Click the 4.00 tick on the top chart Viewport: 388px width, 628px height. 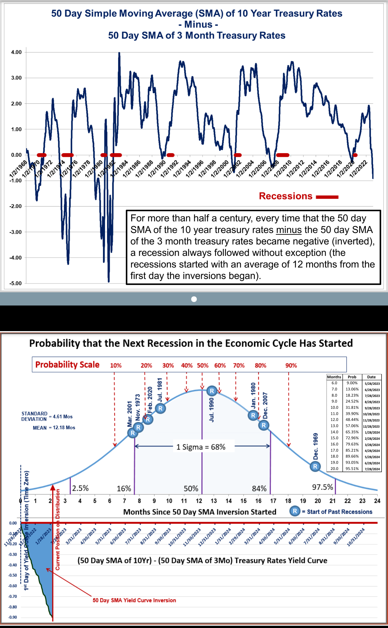pos(16,52)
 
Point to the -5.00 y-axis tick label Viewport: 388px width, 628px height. pos(16,283)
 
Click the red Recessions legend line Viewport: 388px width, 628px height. pos(327,197)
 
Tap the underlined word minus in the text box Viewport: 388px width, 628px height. pos(289,230)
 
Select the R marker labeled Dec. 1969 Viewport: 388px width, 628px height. pos(315,466)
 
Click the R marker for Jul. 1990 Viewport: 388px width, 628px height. pos(212,391)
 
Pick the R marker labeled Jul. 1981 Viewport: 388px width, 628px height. pos(160,408)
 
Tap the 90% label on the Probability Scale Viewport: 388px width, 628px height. pos(291,366)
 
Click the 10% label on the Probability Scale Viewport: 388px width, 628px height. pos(116,366)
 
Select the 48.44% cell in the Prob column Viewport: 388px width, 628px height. pos(352,420)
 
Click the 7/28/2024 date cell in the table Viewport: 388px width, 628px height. pos(372,469)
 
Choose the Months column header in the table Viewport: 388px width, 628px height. pos(334,377)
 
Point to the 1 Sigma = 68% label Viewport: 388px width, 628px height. pos(201,447)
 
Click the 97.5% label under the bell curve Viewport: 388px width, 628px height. pos(322,487)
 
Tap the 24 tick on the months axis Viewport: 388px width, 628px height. pos(377,501)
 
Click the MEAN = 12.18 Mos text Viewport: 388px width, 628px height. pos(54,428)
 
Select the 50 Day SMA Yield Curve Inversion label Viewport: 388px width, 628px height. pos(134,600)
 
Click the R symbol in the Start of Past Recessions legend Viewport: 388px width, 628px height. pos(295,511)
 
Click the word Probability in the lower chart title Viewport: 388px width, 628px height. pos(54,343)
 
